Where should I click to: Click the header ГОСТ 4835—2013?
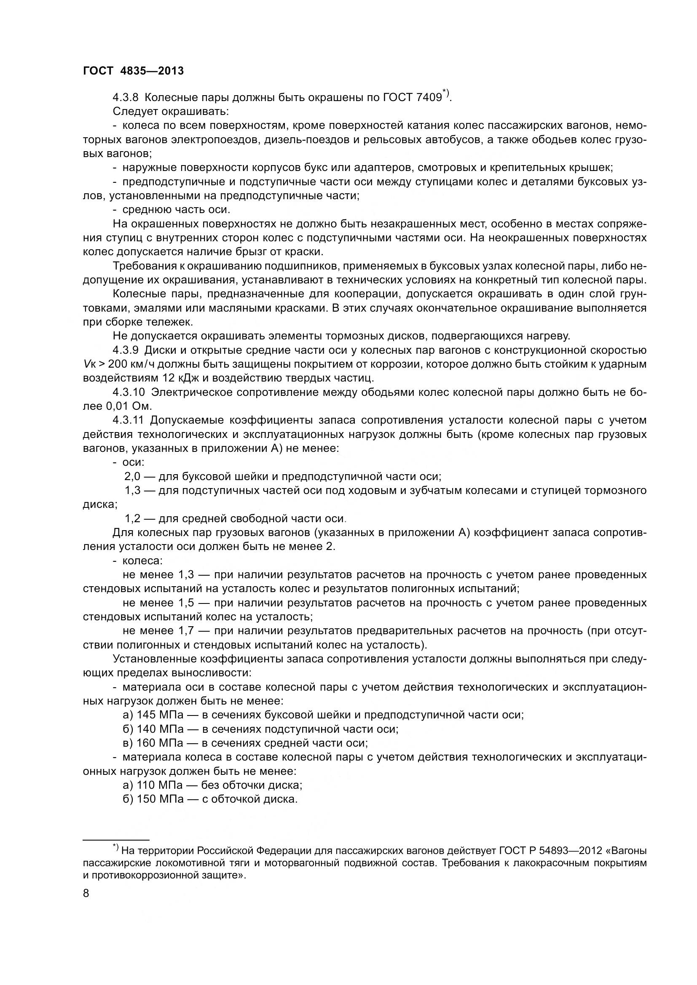[133, 71]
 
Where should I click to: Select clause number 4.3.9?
[125, 350]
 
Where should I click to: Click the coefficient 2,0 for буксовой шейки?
[132, 477]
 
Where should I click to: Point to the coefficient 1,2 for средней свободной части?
[132, 519]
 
